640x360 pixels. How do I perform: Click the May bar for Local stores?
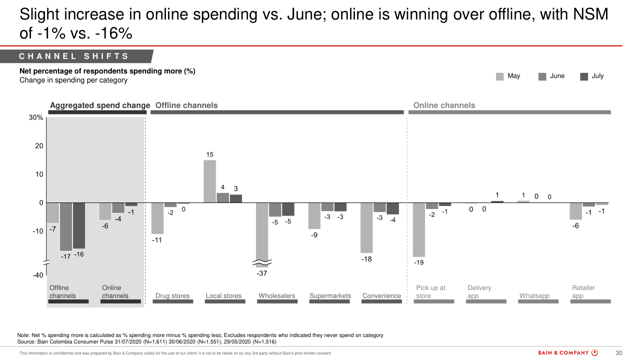pyautogui.click(x=209, y=181)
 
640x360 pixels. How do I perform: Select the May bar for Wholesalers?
pyautogui.click(x=262, y=232)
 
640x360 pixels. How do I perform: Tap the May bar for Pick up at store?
pyautogui.click(x=418, y=229)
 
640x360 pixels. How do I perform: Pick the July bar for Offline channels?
pyautogui.click(x=79, y=225)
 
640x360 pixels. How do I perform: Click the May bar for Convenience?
pyautogui.click(x=366, y=227)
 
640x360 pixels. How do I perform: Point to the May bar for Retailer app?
pyautogui.click(x=575, y=211)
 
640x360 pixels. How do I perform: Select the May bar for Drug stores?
pyautogui.click(x=157, y=218)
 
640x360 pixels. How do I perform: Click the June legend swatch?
pyautogui.click(x=542, y=76)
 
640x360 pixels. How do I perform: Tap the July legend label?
pyautogui.click(x=597, y=76)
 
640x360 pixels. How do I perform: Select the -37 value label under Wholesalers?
pyautogui.click(x=262, y=273)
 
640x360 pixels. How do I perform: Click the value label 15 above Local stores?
pyautogui.click(x=210, y=155)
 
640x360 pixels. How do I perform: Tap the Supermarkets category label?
pyautogui.click(x=330, y=295)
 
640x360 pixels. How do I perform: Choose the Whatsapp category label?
pyautogui.click(x=534, y=295)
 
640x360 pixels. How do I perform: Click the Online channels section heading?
pyautogui.click(x=444, y=105)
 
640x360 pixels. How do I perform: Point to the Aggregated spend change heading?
pyautogui.click(x=100, y=105)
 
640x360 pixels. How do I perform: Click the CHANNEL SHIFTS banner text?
pyautogui.click(x=74, y=56)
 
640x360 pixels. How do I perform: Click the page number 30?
pyautogui.click(x=618, y=353)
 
